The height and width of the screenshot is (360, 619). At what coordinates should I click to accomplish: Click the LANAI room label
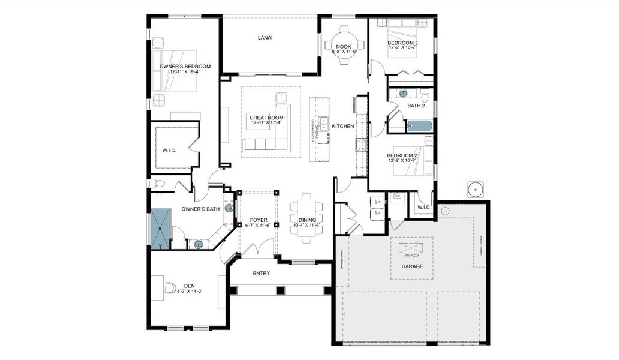(265, 38)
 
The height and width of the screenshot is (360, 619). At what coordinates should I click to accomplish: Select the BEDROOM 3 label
(402, 43)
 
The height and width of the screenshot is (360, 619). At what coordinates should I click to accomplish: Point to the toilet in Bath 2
(425, 97)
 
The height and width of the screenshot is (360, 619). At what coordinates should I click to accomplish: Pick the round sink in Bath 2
(403, 94)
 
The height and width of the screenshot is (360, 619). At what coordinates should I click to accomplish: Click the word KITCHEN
(343, 126)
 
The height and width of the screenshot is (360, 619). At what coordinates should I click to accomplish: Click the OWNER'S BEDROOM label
(185, 66)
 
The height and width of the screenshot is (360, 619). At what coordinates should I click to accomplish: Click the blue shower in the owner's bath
(160, 229)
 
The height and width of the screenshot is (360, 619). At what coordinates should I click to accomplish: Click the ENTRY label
(261, 274)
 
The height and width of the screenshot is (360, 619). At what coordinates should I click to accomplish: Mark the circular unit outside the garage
(476, 190)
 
